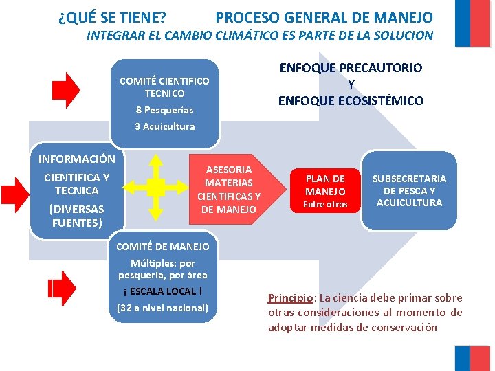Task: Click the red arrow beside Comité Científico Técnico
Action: (67, 91)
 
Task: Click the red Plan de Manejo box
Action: (325, 190)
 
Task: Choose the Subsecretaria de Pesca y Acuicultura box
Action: (409, 190)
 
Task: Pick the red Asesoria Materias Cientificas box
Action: (229, 189)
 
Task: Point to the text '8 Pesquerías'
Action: (164, 110)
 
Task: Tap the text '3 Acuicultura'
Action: (164, 126)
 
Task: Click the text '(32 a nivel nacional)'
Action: (162, 307)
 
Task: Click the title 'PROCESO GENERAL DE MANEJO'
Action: (324, 18)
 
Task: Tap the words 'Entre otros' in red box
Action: (325, 204)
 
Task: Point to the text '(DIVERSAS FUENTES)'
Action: (77, 216)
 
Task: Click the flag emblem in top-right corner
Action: (472, 23)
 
